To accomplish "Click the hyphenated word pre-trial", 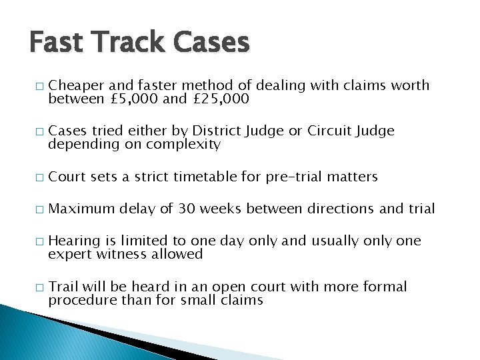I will (x=294, y=177).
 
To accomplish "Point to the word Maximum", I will (x=82, y=209).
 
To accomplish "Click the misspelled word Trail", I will (x=63, y=287).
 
